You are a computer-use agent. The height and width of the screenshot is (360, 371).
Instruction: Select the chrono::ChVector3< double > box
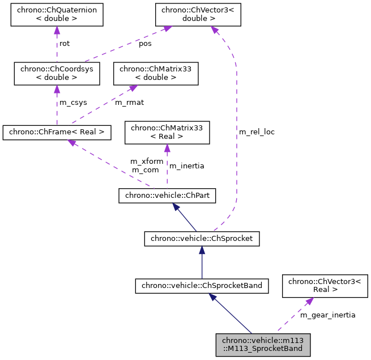tap(199, 14)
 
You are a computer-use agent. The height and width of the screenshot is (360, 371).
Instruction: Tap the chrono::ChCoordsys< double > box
tap(57, 73)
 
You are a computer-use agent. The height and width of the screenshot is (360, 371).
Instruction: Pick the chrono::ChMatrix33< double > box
tap(156, 73)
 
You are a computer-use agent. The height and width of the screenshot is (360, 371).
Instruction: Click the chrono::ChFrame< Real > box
tap(57, 133)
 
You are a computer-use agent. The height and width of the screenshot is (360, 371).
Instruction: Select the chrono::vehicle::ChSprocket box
tap(202, 239)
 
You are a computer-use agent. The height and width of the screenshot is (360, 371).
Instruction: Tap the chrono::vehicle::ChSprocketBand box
tap(201, 286)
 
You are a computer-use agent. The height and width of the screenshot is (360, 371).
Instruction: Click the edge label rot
tap(65, 43)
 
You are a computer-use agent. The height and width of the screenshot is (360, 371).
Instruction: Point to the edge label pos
tap(146, 43)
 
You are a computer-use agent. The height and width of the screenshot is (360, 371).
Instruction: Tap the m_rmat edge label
tap(129, 103)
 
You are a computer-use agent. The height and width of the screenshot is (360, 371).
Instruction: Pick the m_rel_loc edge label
tap(257, 132)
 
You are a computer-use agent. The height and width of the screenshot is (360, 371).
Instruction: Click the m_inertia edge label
tap(187, 166)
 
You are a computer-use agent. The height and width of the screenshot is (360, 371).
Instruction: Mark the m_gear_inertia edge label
tap(327, 315)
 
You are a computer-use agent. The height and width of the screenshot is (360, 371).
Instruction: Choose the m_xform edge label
tap(147, 162)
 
